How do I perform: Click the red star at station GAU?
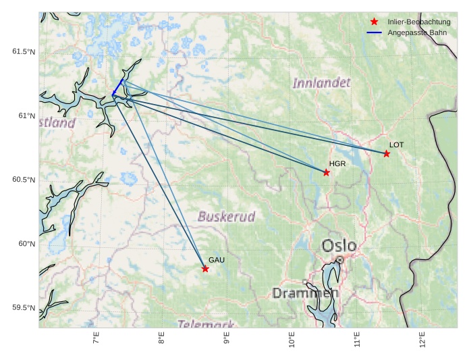pos(205,269)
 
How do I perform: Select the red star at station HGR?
pos(326,172)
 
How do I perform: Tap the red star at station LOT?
pos(387,154)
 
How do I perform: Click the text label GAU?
pos(216,260)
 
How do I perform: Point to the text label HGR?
pos(337,163)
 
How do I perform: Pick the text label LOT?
pos(396,145)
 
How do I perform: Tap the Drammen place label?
pos(305,293)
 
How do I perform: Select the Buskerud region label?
pos(227,217)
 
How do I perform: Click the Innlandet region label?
pos(321,83)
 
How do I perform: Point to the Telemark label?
pos(206,324)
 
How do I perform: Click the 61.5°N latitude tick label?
pos(24,52)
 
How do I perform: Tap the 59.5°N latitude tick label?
pos(24,308)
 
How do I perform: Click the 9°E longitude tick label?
pos(226,339)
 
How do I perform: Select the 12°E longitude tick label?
pos(422,340)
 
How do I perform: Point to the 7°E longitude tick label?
pos(96,339)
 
